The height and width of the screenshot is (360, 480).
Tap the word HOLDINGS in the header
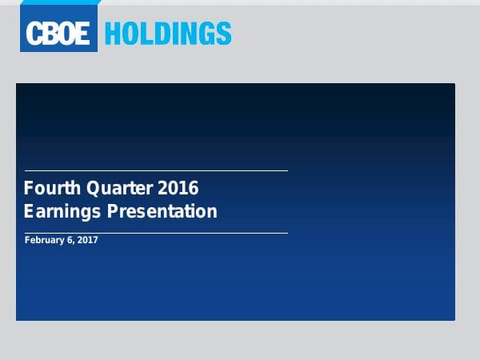point(168,34)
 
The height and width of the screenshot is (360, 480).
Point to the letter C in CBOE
point(34,34)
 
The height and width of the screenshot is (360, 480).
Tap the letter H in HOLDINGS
point(114,34)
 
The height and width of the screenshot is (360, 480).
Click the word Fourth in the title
point(48,189)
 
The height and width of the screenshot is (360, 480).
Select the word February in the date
point(44,240)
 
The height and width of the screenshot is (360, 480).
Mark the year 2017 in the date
point(87,240)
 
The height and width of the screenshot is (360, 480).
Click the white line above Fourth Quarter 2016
point(156,170)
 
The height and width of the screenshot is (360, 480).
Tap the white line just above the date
point(156,233)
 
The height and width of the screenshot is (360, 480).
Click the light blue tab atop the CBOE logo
point(61,3)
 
